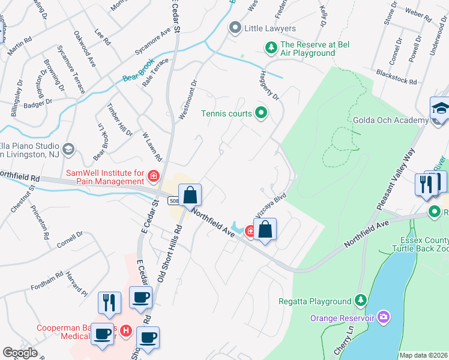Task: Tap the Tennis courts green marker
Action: [261, 113]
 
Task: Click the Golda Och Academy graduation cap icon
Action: [440, 110]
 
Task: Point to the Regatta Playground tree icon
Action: [360, 301]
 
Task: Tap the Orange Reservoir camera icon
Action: [384, 316]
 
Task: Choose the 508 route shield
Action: [174, 200]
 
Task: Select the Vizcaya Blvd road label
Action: [270, 205]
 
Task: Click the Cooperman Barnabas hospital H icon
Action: [126, 330]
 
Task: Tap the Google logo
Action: [20, 353]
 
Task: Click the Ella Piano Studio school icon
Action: [68, 148]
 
